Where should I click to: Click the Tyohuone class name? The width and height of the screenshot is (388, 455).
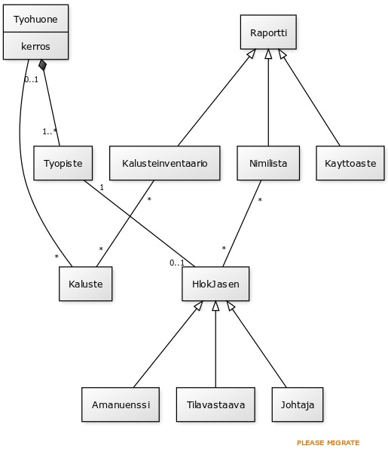click(35, 20)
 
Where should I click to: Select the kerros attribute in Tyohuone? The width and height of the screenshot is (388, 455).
click(35, 46)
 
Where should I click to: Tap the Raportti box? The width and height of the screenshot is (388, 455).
click(268, 32)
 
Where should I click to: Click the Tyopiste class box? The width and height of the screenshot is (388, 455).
click(63, 163)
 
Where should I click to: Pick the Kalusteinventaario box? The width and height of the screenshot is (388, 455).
click(164, 163)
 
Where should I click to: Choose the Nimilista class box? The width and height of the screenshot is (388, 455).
click(268, 163)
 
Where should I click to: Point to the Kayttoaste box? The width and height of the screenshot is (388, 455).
click(350, 163)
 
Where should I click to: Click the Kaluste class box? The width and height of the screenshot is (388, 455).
click(85, 284)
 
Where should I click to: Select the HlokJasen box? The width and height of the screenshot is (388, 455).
click(215, 284)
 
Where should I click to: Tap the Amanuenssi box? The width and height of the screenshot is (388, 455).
click(121, 404)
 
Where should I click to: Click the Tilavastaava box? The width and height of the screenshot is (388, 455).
click(215, 404)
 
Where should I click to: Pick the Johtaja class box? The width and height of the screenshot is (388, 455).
click(298, 404)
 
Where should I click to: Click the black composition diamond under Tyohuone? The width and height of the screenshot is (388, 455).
click(43, 65)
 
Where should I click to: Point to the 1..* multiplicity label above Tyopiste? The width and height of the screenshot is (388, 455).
click(50, 131)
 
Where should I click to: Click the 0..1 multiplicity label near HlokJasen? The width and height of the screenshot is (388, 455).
click(177, 263)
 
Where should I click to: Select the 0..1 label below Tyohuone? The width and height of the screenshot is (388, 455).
click(32, 79)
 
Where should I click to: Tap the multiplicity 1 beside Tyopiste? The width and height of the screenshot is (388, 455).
click(102, 187)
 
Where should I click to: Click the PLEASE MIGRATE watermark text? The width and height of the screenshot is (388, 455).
click(328, 443)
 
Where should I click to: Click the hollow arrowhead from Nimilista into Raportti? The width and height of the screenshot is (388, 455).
click(268, 54)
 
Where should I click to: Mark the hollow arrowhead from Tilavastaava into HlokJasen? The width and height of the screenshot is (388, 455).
click(215, 306)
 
